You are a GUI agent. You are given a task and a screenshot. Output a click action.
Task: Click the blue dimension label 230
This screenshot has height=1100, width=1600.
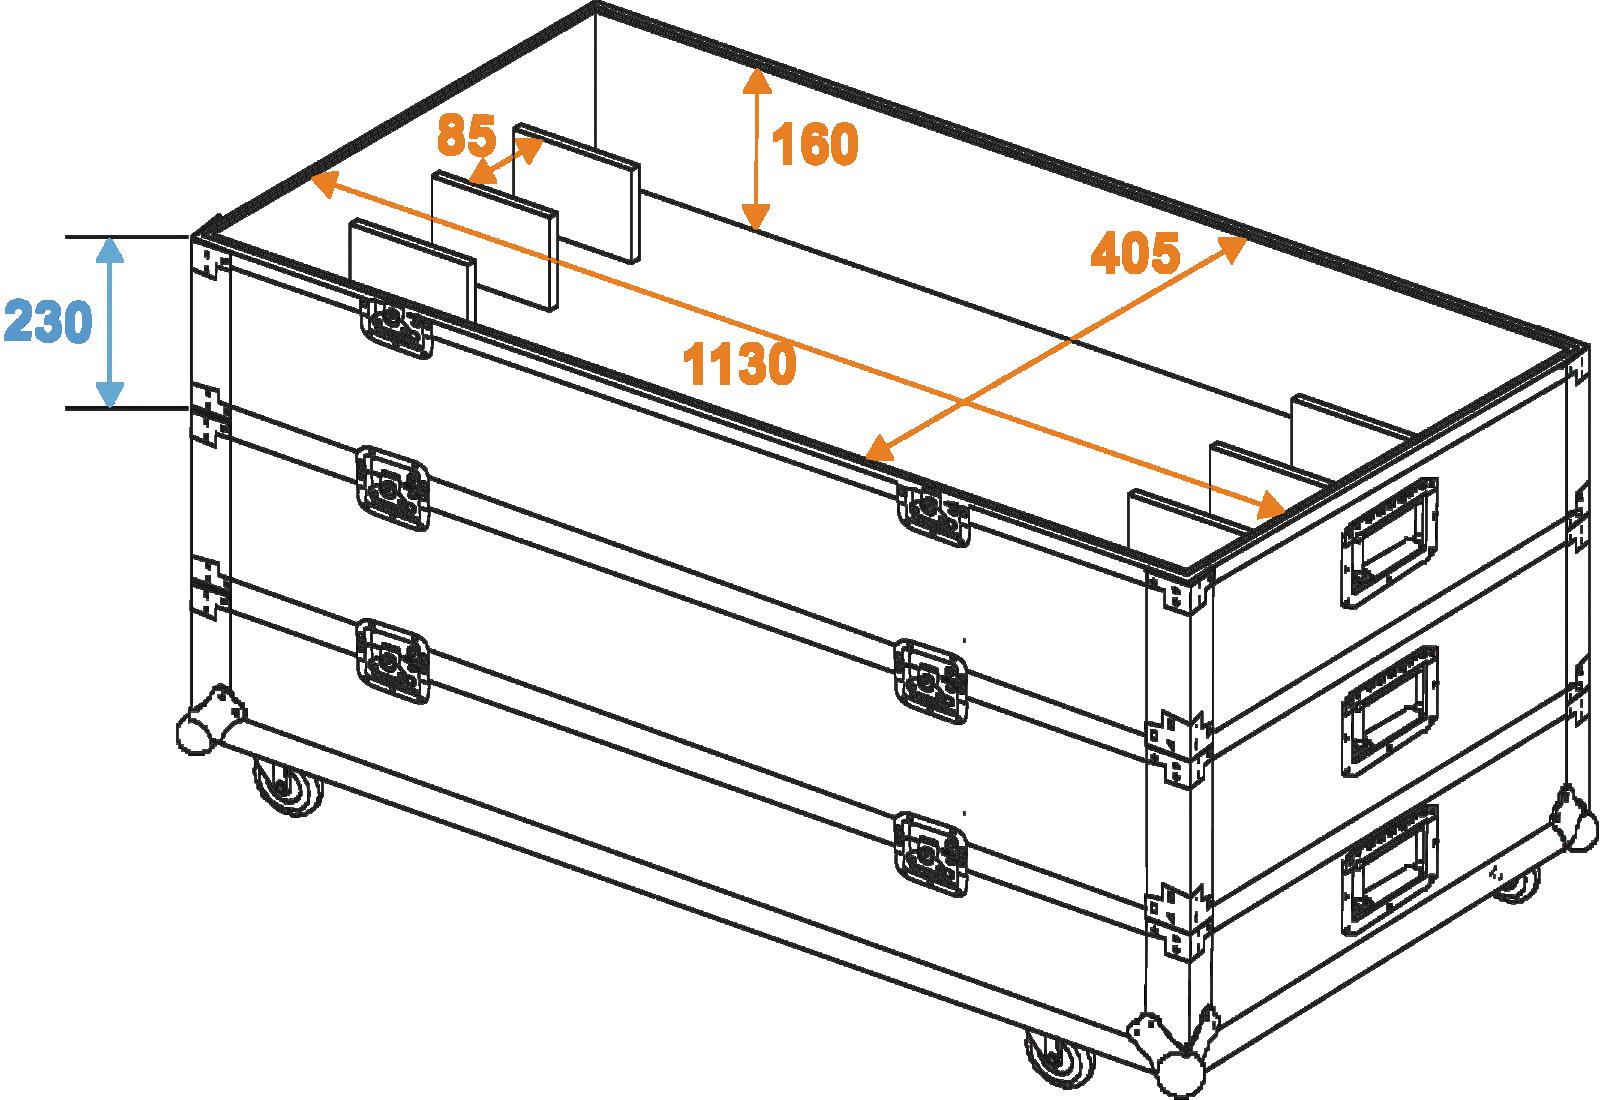pos(49,321)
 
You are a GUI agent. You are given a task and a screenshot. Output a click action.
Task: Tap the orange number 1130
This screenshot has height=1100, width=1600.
pos(739,364)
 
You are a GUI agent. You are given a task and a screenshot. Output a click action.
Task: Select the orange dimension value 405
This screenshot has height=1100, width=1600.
pos(1135,253)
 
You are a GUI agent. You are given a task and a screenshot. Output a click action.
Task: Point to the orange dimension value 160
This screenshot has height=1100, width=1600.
pos(815,144)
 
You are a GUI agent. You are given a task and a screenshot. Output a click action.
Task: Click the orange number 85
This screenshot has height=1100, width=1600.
pos(466,135)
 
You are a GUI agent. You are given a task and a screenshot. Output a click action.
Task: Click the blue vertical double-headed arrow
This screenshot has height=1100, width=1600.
pos(109,322)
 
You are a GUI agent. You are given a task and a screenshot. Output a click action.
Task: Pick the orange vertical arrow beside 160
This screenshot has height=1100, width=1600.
pos(756,149)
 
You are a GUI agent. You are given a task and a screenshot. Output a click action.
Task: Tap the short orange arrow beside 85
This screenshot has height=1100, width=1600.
pos(506,161)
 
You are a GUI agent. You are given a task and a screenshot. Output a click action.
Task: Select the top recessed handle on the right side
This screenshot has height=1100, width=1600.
pos(1389,543)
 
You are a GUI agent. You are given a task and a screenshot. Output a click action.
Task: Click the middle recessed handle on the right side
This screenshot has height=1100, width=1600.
pos(1389,711)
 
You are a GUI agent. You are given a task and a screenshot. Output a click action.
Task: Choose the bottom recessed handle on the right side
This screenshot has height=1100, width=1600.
pos(1389,870)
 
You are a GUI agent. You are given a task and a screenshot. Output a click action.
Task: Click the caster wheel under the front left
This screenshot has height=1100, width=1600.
pos(288,786)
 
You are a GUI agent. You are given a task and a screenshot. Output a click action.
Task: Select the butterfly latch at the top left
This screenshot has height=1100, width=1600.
pos(396,327)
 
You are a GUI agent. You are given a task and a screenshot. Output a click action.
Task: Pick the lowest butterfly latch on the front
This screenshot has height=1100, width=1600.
pos(931,854)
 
